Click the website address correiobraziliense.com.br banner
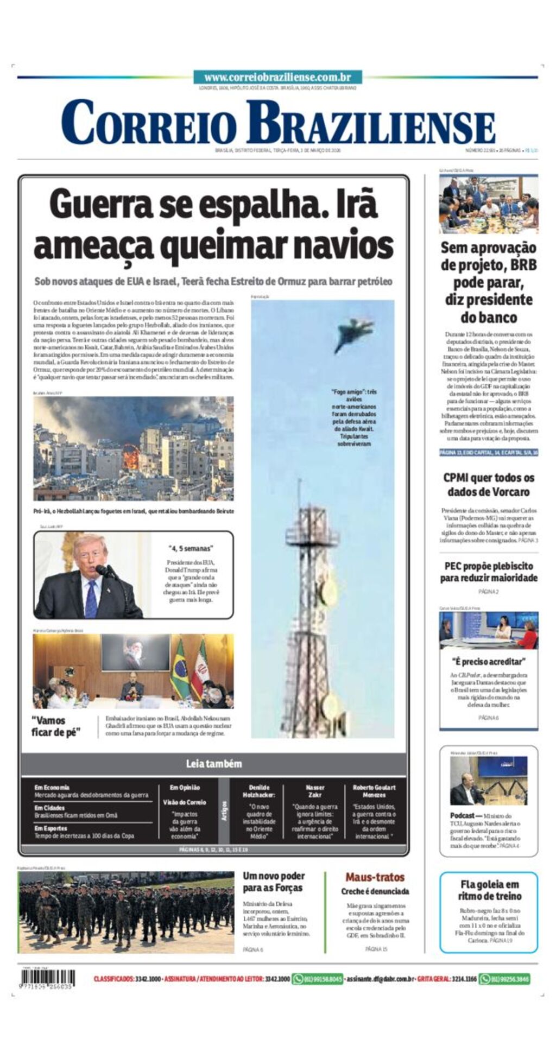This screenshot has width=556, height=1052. click(277, 78)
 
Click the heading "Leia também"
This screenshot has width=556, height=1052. click(213, 764)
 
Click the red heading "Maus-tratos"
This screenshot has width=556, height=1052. click(375, 877)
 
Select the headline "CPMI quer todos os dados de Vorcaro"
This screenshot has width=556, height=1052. click(489, 485)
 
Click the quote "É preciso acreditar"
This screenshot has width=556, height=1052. click(489, 662)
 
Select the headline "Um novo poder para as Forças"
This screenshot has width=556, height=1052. click(274, 882)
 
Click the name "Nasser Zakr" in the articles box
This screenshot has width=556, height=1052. click(315, 791)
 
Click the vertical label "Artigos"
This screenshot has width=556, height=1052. click(224, 810)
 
